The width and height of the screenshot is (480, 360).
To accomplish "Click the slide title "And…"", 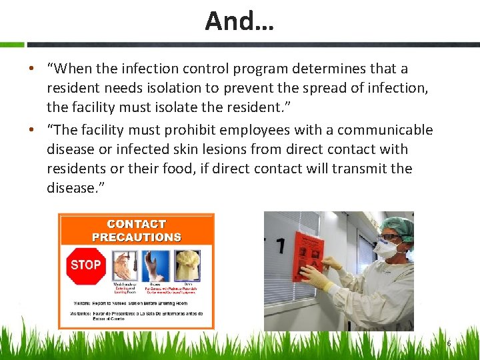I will pyautogui.click(x=239, y=21).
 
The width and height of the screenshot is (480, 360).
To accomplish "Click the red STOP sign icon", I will pyautogui.click(x=85, y=265).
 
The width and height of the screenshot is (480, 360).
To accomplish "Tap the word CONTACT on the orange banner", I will pyautogui.click(x=136, y=224).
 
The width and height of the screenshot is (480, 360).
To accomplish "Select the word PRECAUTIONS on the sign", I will pyautogui.click(x=136, y=237).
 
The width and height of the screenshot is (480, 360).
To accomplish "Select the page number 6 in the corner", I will pyautogui.click(x=449, y=343).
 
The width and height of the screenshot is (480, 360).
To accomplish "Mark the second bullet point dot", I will pyautogui.click(x=31, y=131).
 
